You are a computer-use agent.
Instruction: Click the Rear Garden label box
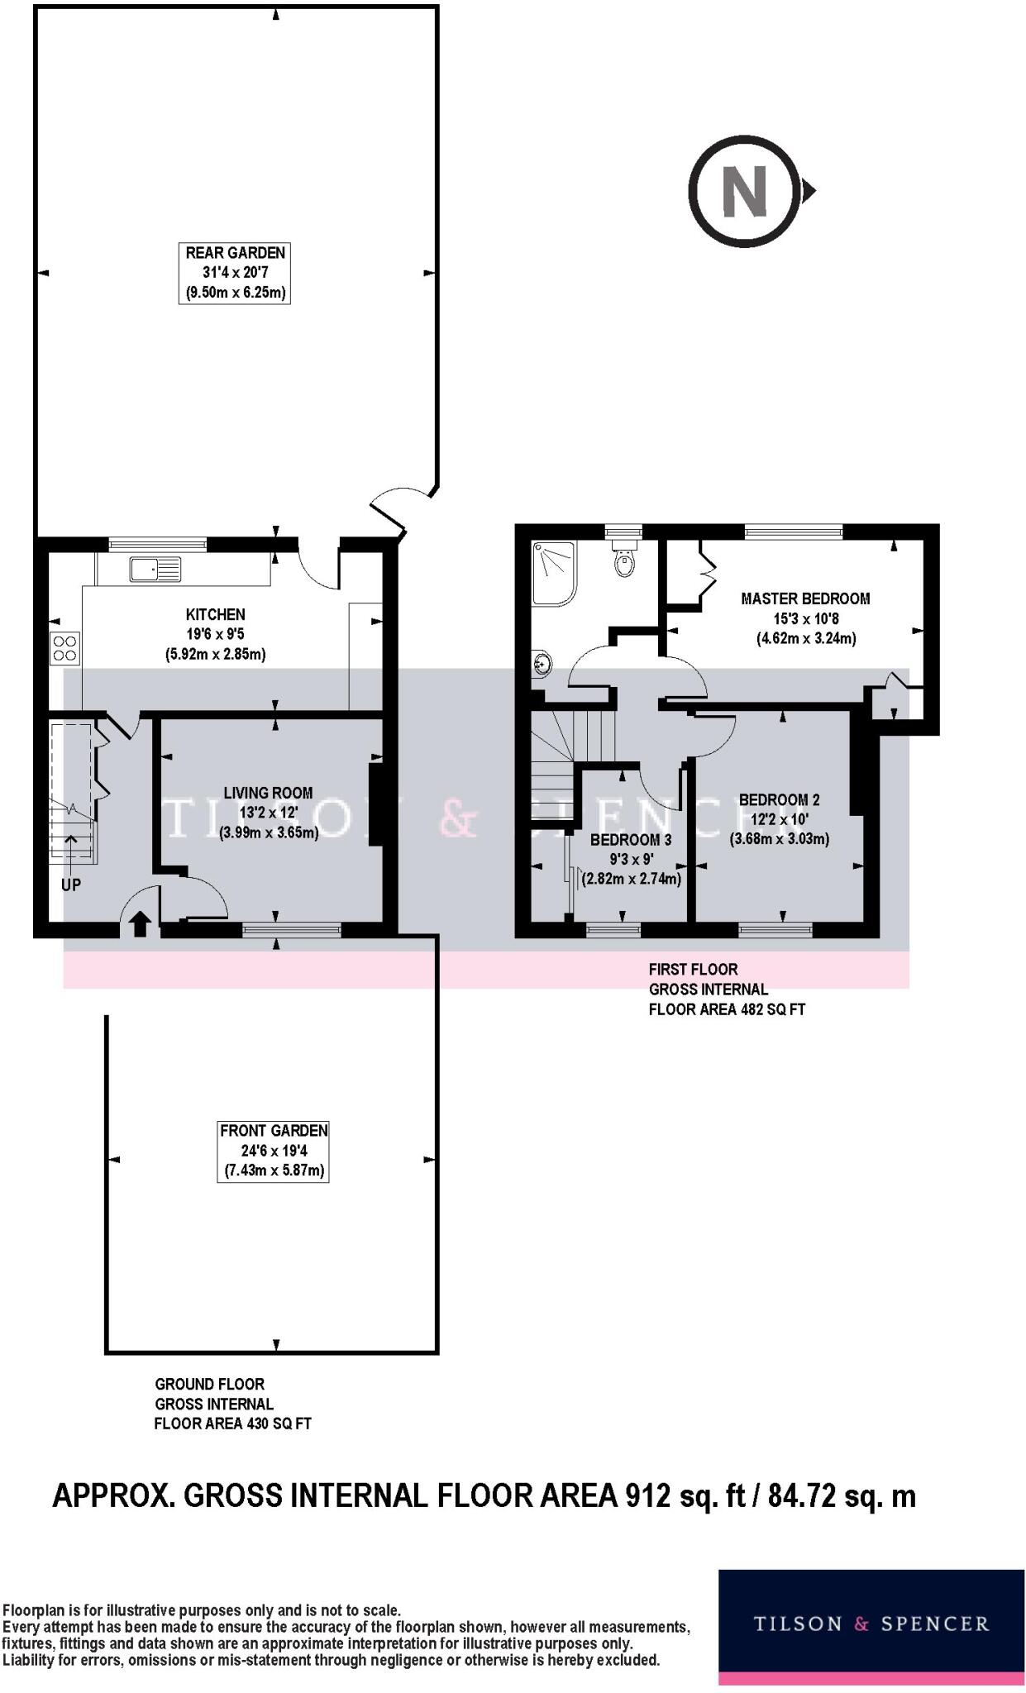[x=234, y=273]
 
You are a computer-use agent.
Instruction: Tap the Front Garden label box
[x=274, y=1151]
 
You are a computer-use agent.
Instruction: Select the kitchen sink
[x=155, y=570]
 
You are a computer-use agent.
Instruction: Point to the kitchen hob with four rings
[x=65, y=647]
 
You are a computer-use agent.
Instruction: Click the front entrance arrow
[x=140, y=923]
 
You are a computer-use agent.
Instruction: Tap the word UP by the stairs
[x=71, y=885]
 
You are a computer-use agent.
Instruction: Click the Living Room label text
[x=268, y=793]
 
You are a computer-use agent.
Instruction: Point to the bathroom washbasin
[x=542, y=664]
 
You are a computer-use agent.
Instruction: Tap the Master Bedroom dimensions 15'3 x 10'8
[x=806, y=618]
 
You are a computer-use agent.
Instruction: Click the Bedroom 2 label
[x=779, y=799]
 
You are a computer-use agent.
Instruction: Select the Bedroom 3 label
[x=631, y=840]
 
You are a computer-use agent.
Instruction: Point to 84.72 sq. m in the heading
[x=842, y=1496]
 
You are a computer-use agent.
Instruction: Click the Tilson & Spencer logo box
[x=871, y=1626]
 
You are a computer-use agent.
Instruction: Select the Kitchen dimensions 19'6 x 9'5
[x=215, y=634]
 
